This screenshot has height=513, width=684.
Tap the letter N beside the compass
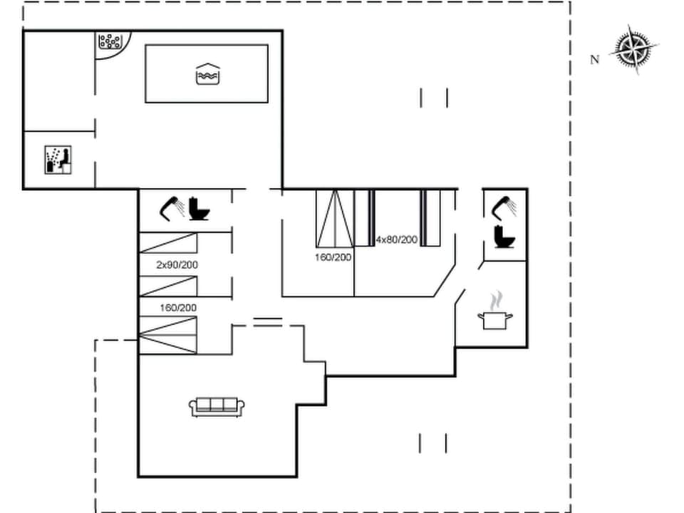(x=595, y=60)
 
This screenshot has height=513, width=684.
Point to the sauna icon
(x=59, y=160)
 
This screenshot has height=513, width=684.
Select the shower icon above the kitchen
(x=505, y=206)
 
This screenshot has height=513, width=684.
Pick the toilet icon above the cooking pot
(x=505, y=237)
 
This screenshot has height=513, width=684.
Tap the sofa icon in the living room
(x=217, y=406)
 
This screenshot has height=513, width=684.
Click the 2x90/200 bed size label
(x=177, y=265)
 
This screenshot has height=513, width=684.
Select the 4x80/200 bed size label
(x=396, y=239)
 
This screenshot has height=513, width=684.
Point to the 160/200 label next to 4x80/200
(x=333, y=257)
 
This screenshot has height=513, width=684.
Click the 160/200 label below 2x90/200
(x=178, y=308)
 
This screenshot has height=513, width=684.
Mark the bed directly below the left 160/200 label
(x=167, y=335)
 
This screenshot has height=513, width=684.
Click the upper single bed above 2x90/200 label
(x=167, y=243)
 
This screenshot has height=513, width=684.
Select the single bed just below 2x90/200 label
(x=167, y=286)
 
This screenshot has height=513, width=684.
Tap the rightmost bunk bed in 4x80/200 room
(x=430, y=218)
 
